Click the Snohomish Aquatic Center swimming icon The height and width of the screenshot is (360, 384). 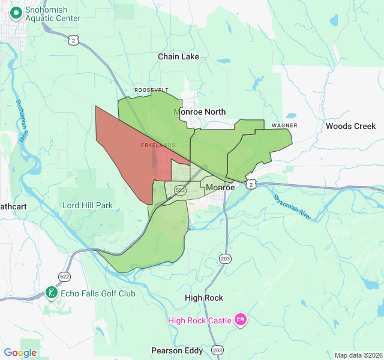(15, 11)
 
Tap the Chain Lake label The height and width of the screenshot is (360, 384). (178, 56)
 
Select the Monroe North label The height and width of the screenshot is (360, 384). (200, 112)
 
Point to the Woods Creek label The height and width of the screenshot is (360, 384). (351, 126)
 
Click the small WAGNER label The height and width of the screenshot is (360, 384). (284, 125)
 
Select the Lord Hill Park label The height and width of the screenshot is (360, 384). (88, 205)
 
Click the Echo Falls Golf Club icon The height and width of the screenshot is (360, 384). (52, 293)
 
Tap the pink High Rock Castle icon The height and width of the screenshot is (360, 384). (241, 320)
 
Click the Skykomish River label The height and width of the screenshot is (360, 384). (292, 207)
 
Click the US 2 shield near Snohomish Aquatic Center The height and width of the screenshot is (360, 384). (73, 40)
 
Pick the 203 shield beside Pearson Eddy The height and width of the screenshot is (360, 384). (217, 350)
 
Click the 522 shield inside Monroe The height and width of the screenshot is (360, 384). (180, 190)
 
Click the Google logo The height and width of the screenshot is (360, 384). (20, 353)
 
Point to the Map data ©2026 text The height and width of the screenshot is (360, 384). (358, 355)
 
